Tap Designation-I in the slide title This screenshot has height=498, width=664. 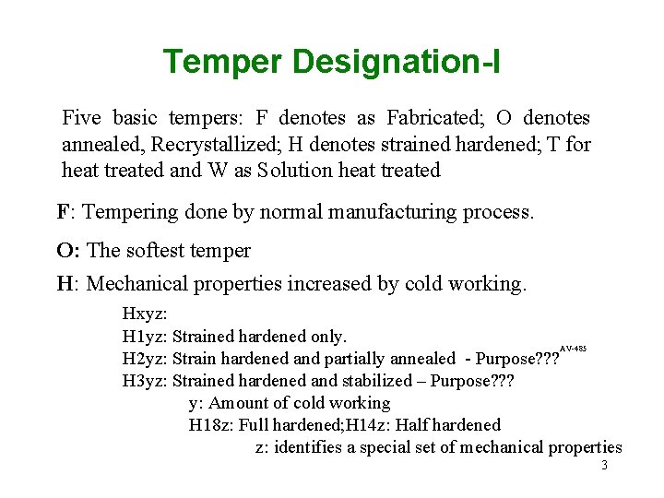click(x=397, y=63)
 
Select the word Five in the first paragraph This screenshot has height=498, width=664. click(x=81, y=118)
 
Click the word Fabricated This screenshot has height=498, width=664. click(x=436, y=118)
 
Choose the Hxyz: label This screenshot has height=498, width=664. click(x=144, y=314)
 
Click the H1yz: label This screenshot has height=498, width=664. click(x=145, y=337)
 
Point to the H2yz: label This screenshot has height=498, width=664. click(x=145, y=359)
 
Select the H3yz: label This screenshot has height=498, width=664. click(x=145, y=381)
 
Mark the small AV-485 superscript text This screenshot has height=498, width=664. click(x=574, y=349)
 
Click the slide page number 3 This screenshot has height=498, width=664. click(x=604, y=466)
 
